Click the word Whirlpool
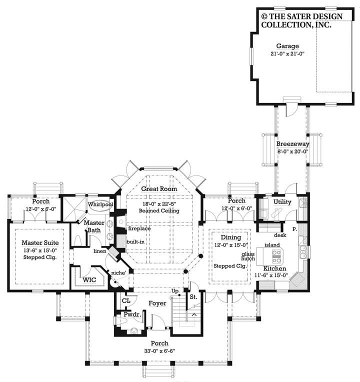100,204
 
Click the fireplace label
138,228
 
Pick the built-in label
135,241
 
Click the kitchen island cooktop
276,256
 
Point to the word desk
280,234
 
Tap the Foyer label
157,303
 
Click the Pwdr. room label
131,315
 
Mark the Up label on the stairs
175,290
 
